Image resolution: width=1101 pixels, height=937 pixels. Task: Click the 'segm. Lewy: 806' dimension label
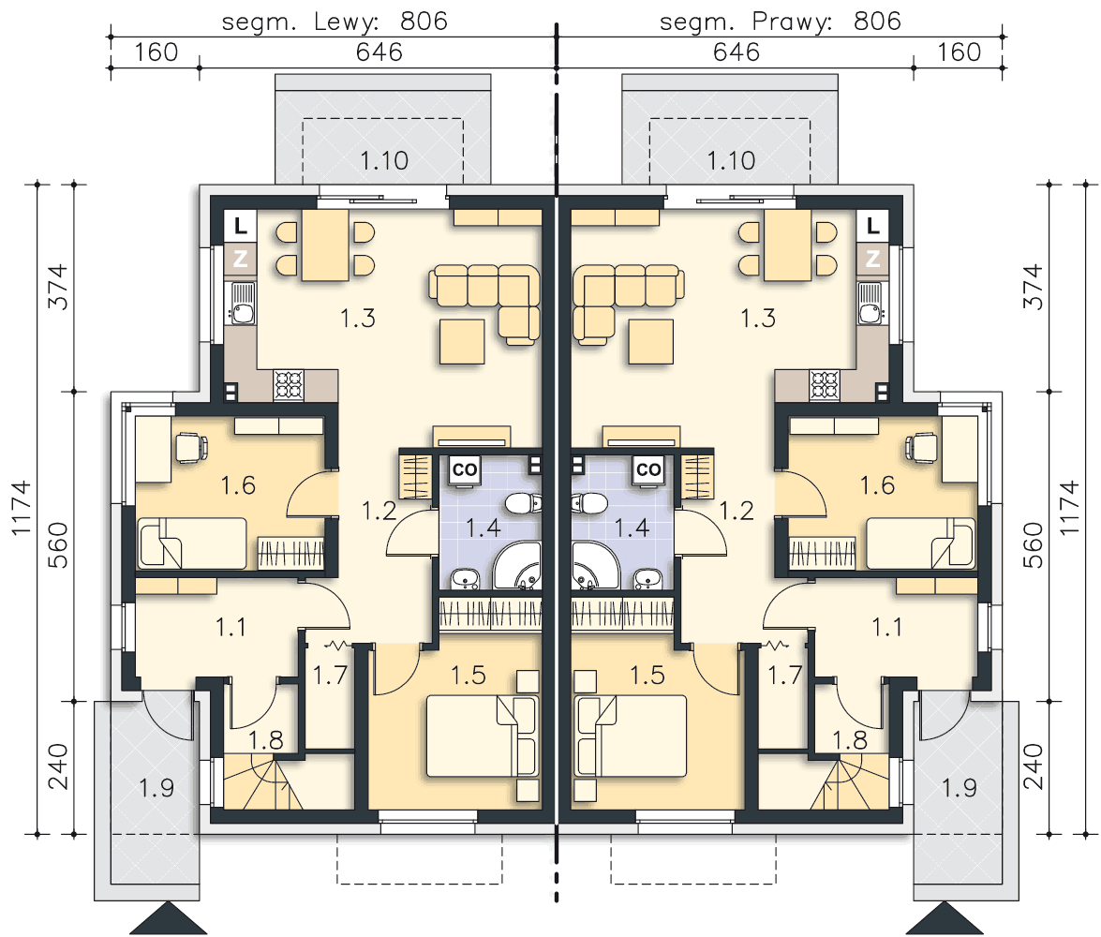335,21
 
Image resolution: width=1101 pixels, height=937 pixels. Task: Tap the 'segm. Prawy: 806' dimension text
781,21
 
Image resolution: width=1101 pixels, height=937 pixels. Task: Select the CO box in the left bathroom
464,469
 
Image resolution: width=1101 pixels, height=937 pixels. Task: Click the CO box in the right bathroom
648,469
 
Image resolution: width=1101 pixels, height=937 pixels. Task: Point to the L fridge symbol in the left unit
240,226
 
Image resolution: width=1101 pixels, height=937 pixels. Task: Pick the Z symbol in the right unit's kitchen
872,259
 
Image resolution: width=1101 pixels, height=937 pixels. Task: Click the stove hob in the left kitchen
289,385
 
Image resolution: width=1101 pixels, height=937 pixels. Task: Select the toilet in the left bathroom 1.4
523,503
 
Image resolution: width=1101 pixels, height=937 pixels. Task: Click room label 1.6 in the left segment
238,484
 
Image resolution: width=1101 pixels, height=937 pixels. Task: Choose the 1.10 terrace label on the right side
731,160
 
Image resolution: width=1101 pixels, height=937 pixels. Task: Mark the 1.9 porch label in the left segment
156,787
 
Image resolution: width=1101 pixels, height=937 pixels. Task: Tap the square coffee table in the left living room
462,341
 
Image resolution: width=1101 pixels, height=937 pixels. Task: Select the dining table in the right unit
787,245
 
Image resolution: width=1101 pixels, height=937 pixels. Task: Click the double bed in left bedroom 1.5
483,736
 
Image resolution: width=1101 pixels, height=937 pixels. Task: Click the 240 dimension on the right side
1033,767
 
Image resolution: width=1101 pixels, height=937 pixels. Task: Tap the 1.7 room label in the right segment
784,675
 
